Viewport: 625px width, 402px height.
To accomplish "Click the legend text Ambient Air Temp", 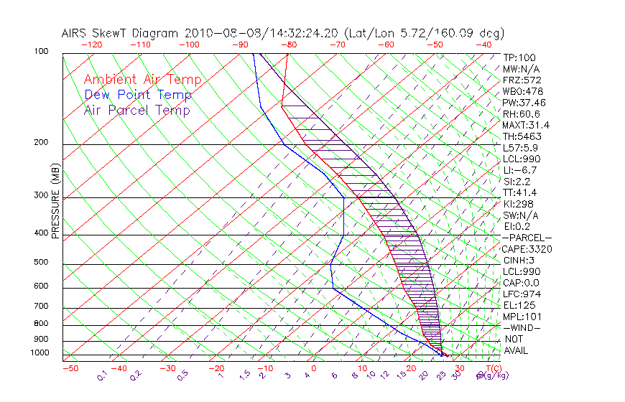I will (142, 80).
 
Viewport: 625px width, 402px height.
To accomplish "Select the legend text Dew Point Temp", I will (137, 95).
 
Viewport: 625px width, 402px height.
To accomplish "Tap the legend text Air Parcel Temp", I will (136, 110).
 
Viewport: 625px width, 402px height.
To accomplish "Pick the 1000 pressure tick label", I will (40, 353).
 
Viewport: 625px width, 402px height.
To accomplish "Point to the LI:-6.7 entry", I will (519, 170).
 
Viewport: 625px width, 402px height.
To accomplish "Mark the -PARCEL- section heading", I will (526, 238).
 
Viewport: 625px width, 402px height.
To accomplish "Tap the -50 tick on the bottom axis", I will (70, 368).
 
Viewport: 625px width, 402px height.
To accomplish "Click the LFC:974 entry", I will (520, 294).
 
